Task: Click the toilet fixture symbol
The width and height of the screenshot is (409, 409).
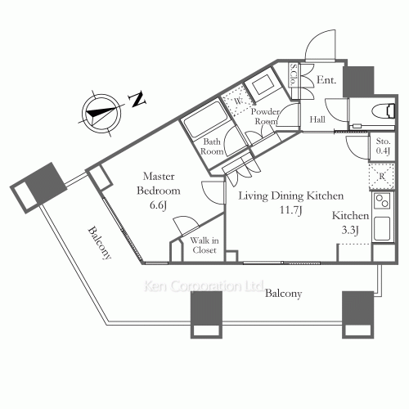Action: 384,111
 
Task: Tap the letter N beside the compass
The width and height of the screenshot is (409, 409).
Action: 138,100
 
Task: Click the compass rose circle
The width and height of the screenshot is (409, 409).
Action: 101,114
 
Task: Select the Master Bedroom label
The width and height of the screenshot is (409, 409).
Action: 159,183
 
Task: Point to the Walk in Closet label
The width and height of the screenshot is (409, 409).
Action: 204,245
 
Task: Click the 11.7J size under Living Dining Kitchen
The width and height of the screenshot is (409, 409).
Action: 291,209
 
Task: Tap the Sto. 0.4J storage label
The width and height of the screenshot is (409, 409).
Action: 383,146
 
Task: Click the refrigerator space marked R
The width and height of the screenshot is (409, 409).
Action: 382,176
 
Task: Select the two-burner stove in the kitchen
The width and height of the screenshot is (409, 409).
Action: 382,200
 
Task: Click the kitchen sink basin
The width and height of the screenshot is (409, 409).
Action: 382,228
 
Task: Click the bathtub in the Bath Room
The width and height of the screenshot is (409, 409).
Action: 206,119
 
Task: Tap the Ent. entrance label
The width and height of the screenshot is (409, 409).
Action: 326,80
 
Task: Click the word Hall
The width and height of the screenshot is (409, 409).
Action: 317,119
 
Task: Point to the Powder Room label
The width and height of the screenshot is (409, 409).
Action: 265,116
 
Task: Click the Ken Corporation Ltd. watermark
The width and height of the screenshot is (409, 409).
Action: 204,286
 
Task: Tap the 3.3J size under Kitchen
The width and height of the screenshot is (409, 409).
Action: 350,230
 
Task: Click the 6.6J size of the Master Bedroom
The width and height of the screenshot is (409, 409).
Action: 158,205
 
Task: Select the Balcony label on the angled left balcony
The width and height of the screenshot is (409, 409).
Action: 100,243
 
